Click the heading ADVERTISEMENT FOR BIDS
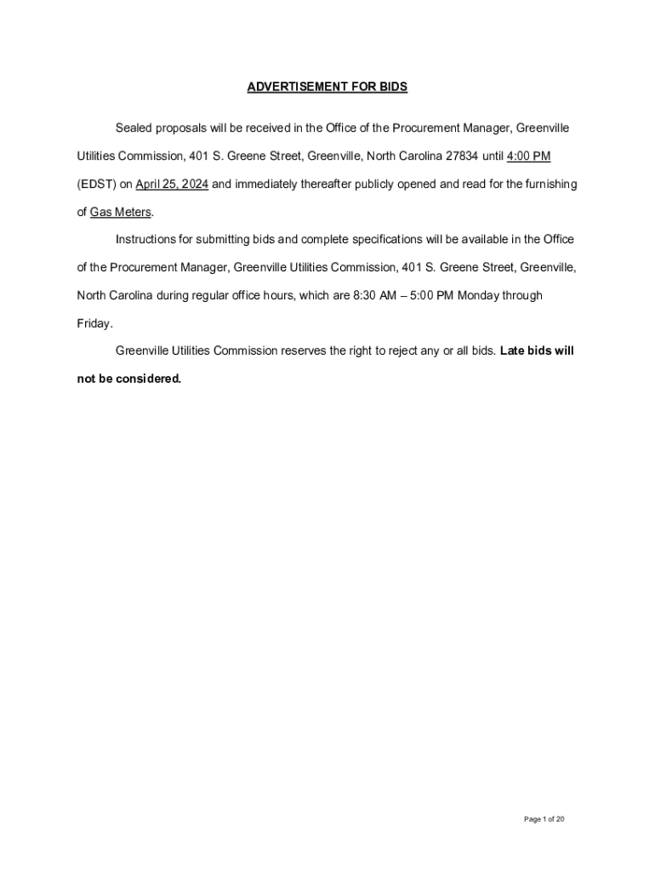click(327, 87)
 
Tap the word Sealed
click(134, 128)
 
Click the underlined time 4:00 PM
click(529, 157)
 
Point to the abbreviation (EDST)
click(96, 185)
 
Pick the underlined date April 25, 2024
click(172, 185)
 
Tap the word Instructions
click(145, 240)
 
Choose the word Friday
click(93, 324)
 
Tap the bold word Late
click(514, 351)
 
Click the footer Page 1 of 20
click(544, 820)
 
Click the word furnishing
click(550, 185)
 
